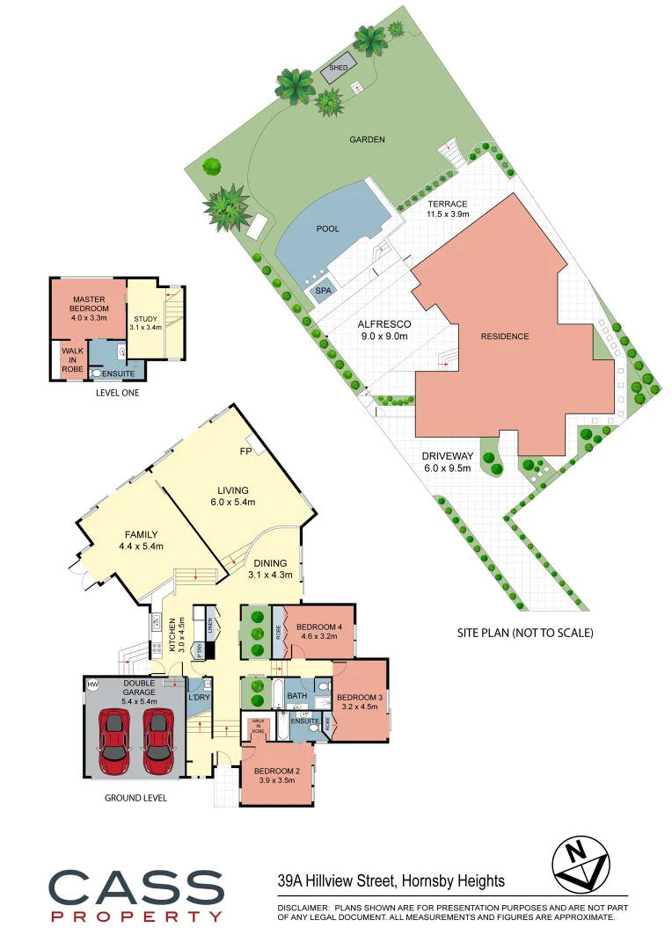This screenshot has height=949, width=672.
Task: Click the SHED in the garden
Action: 337,69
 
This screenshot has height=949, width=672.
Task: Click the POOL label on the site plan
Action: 327,228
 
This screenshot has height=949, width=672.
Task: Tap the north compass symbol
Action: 580,863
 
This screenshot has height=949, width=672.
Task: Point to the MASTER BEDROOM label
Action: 90,303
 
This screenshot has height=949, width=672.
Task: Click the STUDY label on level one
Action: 144,319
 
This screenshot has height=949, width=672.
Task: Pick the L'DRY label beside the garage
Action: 200,698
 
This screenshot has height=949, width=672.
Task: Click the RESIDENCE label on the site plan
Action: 505,337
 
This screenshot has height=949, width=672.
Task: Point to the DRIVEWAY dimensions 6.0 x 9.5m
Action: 448,468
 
